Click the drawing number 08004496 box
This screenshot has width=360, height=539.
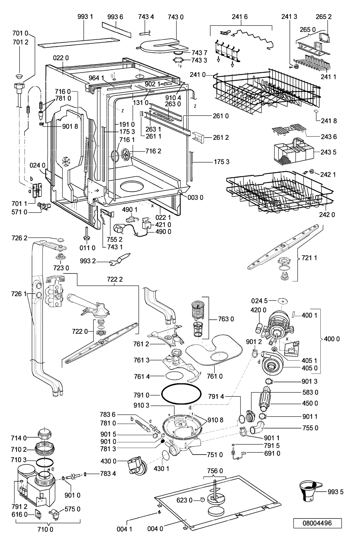(317, 523)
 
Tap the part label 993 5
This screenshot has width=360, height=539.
(335, 492)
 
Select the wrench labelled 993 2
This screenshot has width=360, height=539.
(119, 259)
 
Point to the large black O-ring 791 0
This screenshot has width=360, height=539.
(181, 395)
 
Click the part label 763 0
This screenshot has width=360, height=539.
(226, 319)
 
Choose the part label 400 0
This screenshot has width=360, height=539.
(332, 339)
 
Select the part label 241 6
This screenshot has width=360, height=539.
(240, 17)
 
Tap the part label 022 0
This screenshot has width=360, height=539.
(61, 58)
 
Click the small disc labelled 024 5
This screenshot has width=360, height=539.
(283, 301)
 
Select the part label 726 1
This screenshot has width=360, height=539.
(19, 294)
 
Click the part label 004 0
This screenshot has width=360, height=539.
(155, 529)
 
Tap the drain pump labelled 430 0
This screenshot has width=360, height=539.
(136, 466)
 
